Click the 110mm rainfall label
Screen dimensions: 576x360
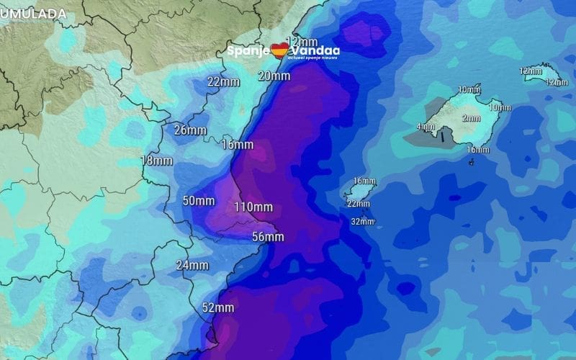pyautogui.click(x=253, y=207)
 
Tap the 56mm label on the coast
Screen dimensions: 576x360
pyautogui.click(x=268, y=237)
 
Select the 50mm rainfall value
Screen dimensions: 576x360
pyautogui.click(x=199, y=201)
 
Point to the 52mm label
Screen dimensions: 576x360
pyautogui.click(x=218, y=307)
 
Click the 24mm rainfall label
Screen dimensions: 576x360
pyautogui.click(x=192, y=265)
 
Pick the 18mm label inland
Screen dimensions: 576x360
pyautogui.click(x=156, y=161)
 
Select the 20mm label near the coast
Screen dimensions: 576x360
pyautogui.click(x=274, y=76)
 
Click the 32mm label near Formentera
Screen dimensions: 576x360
pyautogui.click(x=362, y=222)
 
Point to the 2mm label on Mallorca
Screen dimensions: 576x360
pyautogui.click(x=471, y=118)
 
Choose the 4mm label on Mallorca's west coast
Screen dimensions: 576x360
pyautogui.click(x=426, y=127)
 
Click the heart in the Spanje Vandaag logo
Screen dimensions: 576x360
pyautogui.click(x=279, y=50)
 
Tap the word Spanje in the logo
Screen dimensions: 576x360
pyautogui.click(x=248, y=51)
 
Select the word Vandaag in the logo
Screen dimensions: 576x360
pyautogui.click(x=313, y=50)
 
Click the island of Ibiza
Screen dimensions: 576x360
pyautogui.click(x=358, y=192)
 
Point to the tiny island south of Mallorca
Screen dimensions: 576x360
pyautogui.click(x=471, y=162)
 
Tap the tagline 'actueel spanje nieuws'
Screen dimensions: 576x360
pyautogui.click(x=312, y=58)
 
